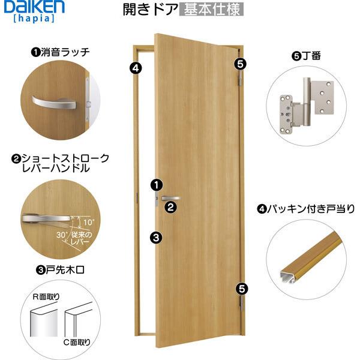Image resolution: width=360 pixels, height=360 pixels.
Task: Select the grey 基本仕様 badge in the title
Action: pyautogui.click(x=212, y=10)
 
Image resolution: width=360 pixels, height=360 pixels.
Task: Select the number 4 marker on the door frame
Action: pyautogui.click(x=135, y=67)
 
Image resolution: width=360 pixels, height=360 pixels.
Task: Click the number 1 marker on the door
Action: pyautogui.click(x=156, y=184)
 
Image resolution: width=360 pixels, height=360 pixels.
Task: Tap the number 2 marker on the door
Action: pyautogui.click(x=171, y=208)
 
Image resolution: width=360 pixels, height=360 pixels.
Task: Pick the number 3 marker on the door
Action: pyautogui.click(x=156, y=238)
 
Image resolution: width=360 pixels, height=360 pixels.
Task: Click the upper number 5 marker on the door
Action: pyautogui.click(x=240, y=62)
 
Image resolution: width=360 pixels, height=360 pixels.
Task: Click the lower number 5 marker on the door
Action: pyautogui.click(x=241, y=288)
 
